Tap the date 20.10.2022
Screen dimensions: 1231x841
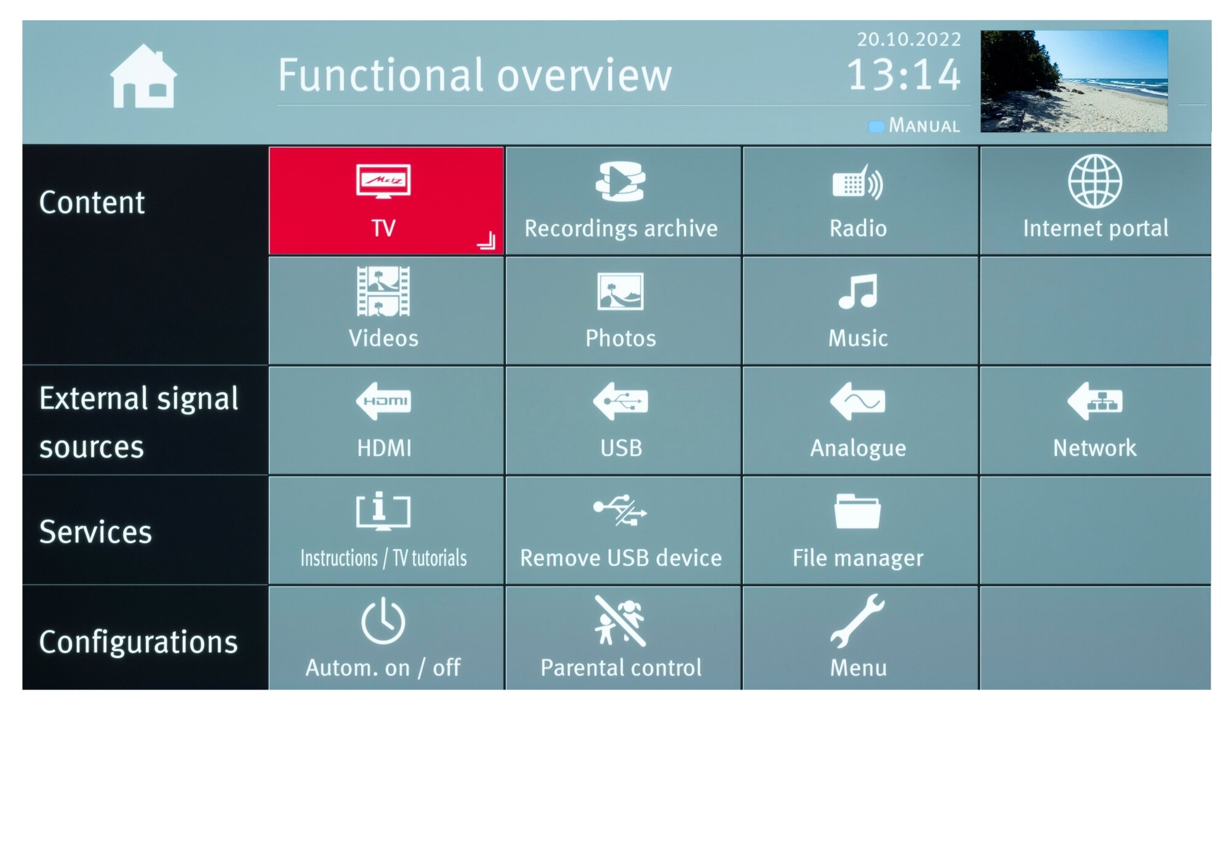(x=909, y=40)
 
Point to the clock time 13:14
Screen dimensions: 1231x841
(x=904, y=75)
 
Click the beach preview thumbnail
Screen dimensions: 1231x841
(x=1074, y=81)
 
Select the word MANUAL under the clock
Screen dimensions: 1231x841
(x=924, y=126)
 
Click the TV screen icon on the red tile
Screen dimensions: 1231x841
(x=383, y=181)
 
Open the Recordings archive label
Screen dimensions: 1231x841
(x=621, y=228)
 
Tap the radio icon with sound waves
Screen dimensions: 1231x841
(x=858, y=182)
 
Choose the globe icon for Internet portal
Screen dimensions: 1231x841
(x=1095, y=181)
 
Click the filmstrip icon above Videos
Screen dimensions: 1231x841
(x=383, y=291)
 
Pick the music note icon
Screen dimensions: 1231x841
(x=858, y=291)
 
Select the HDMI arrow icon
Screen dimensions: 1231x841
(x=383, y=401)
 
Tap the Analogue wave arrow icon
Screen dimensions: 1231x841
(x=857, y=401)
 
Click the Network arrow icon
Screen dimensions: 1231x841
(x=1095, y=401)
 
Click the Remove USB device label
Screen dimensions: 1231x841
(x=621, y=558)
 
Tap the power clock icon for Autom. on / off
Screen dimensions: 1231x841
(x=383, y=621)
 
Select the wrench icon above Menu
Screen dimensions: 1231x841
(x=857, y=621)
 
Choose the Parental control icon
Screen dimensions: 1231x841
(x=620, y=621)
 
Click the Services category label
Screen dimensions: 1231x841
(x=95, y=532)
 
